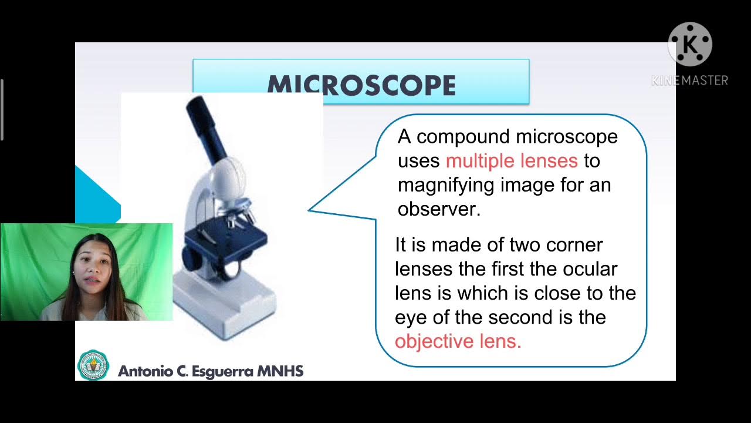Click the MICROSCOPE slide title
point(361,86)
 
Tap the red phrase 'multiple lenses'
point(512,160)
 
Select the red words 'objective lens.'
point(458,341)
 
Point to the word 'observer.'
point(439,210)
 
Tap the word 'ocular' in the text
point(590,269)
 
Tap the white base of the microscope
point(226,308)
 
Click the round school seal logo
point(93,365)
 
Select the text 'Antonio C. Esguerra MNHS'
point(211,371)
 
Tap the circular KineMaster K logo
point(690,44)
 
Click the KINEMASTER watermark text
point(689,80)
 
